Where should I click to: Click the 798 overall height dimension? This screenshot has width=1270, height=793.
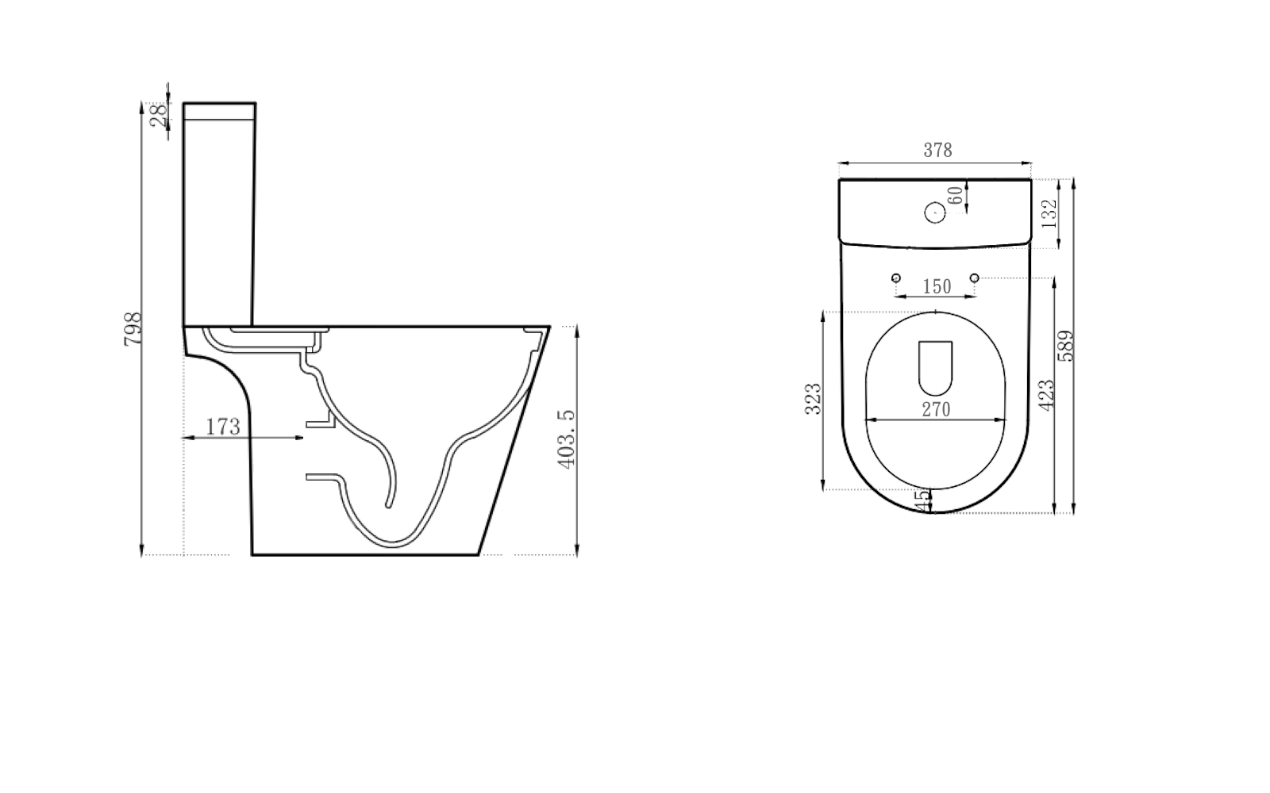coord(133,328)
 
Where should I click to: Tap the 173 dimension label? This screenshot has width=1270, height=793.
coord(223,427)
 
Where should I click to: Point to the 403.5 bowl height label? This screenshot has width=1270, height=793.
coord(567,440)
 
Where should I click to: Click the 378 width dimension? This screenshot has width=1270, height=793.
coord(937,150)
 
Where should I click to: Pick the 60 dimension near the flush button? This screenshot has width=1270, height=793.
coord(956,194)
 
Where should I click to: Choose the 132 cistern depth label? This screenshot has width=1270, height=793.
coord(1049,213)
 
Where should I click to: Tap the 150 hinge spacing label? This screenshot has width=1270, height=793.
coord(937,286)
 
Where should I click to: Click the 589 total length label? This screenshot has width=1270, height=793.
coord(1067,346)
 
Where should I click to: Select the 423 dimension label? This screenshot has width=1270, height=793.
coord(1047,395)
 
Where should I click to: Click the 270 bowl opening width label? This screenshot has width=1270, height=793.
coord(936,409)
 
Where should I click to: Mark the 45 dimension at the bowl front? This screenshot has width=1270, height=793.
coord(922,500)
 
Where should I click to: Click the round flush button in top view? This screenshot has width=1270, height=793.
coord(934,212)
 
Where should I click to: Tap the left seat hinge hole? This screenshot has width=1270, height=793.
coord(896,278)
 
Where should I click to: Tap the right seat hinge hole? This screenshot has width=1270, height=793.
coord(975,278)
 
